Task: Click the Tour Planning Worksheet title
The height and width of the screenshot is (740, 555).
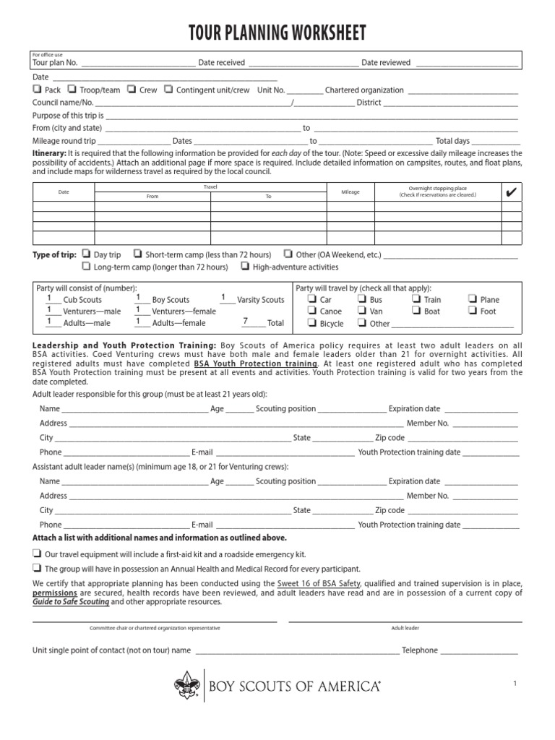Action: [x=277, y=33]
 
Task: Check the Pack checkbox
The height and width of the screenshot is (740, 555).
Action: [x=37, y=90]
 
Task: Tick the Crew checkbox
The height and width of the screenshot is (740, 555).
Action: [x=132, y=90]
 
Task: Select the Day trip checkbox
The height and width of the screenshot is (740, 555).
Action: [x=86, y=254]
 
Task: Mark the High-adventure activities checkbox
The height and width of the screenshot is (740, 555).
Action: [x=246, y=267]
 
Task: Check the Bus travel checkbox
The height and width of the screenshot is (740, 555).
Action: [x=363, y=299]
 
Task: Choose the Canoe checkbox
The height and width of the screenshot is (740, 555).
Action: [x=312, y=311]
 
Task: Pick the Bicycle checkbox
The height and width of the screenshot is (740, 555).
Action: [x=312, y=324]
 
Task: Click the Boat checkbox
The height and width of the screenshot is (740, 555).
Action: [x=416, y=311]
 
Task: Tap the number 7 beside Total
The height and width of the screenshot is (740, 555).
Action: [x=245, y=322]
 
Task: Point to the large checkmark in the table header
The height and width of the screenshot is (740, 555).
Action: [x=511, y=192]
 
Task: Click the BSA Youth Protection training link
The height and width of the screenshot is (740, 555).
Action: [x=255, y=363]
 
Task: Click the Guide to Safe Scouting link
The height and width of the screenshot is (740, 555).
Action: [x=71, y=602]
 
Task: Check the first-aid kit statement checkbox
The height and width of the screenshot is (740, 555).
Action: [x=37, y=553]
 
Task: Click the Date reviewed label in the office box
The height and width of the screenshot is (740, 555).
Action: [x=386, y=63]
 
